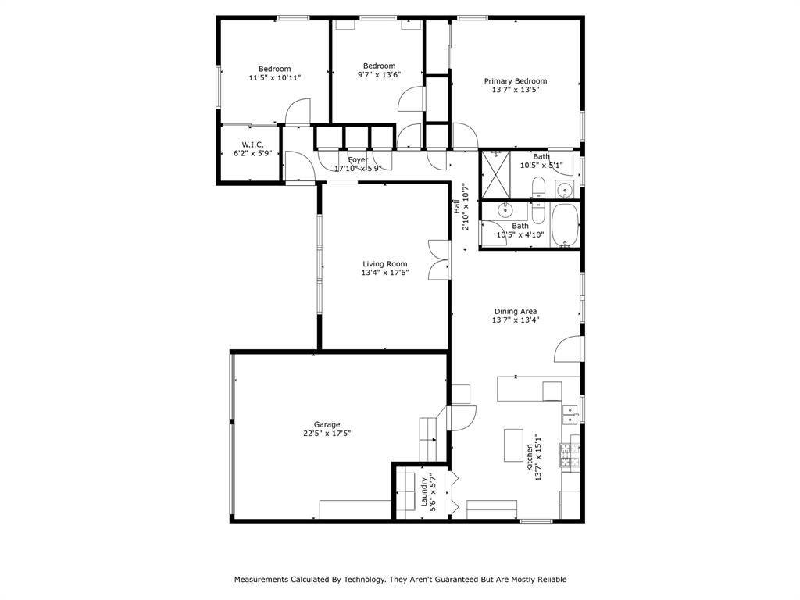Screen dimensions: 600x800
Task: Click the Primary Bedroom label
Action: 515,81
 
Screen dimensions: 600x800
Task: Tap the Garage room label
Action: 327,424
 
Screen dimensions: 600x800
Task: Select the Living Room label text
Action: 384,264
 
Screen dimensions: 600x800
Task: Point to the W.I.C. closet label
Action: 252,145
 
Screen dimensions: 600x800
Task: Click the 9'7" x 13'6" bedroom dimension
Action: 379,75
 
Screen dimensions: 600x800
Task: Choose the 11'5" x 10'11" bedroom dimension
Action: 274,77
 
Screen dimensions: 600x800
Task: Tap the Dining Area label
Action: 515,311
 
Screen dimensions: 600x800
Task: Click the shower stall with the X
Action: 495,173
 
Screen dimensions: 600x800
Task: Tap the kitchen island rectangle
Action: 513,445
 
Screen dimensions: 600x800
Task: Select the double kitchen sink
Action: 571,413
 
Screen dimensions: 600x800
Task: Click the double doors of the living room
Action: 439,259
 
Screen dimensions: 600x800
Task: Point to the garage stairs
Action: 428,439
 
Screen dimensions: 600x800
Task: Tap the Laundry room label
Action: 426,493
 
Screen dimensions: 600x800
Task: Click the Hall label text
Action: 456,206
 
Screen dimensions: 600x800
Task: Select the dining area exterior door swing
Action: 568,350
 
